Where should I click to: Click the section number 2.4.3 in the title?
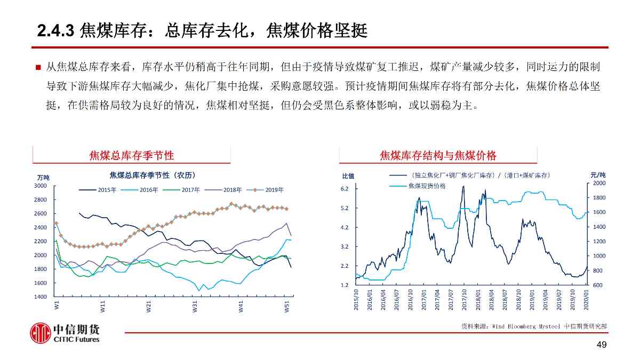(x=55, y=31)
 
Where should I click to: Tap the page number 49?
(x=601, y=346)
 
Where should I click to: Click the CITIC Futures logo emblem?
(x=40, y=333)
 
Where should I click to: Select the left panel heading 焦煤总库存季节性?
(x=131, y=156)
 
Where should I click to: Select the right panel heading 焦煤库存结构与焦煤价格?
(x=438, y=156)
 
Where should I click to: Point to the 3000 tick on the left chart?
(x=41, y=186)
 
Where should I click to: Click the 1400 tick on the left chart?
(x=41, y=297)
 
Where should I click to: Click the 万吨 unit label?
(x=43, y=177)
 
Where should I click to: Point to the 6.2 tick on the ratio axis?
(x=345, y=189)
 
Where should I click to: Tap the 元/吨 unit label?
(x=598, y=174)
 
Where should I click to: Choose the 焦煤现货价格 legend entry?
(x=427, y=186)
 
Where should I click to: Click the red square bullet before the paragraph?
(x=38, y=68)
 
